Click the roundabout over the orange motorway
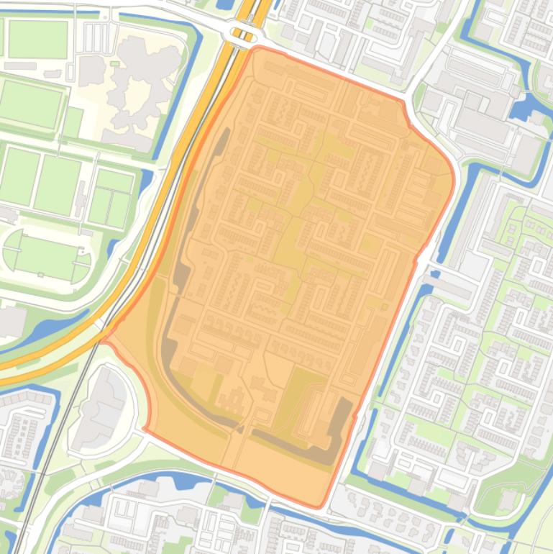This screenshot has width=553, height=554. point(241,32)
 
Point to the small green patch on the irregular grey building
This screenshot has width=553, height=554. point(114,64)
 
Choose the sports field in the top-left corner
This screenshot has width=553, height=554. point(37,40)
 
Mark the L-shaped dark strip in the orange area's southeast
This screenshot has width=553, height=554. point(338,432)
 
